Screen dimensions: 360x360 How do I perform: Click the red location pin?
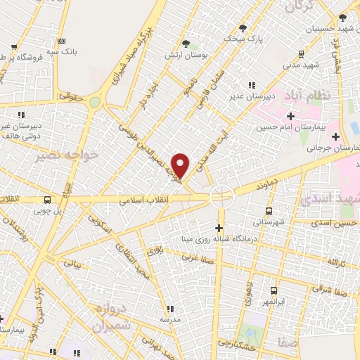tap(181, 165)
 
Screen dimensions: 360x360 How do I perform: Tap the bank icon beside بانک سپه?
tap(61, 41)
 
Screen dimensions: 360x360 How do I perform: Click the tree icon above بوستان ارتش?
tap(186, 43)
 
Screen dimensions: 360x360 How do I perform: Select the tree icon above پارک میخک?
tap(243, 28)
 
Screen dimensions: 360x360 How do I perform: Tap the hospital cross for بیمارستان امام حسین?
tap(290, 115)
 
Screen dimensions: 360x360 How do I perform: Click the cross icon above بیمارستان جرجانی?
tap(335, 136)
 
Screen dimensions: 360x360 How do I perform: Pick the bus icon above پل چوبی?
tap(46, 199)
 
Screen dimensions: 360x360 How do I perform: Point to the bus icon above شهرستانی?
tap(269, 210)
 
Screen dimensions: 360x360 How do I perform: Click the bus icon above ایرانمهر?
tap(274, 290)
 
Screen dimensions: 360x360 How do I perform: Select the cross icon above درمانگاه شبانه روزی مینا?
tap(219, 227)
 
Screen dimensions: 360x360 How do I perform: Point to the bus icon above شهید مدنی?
tap(301, 53)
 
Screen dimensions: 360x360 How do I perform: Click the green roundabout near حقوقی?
tap(94, 103)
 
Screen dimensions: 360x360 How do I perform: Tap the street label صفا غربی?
tap(194, 257)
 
